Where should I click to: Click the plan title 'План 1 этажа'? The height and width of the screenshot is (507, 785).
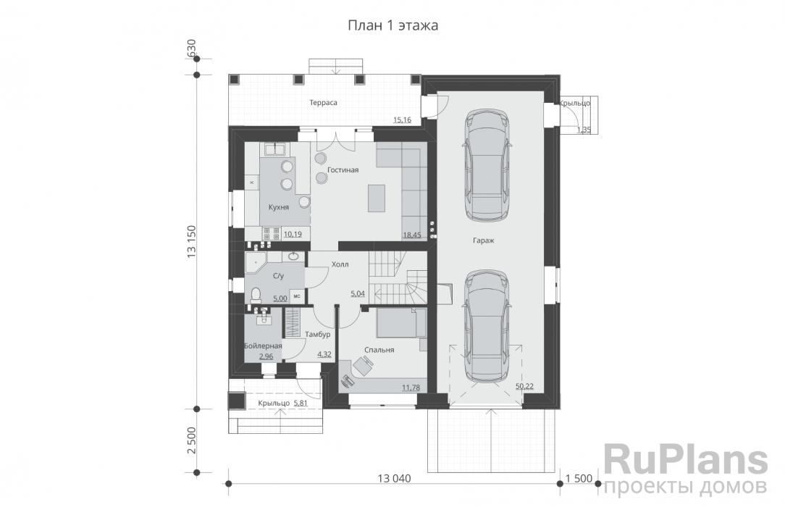393,25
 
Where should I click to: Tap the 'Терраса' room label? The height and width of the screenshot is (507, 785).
323,103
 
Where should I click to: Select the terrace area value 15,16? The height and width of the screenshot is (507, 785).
402,120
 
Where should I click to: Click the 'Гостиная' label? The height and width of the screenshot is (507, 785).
343,170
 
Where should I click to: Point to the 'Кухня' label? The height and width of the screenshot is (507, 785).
278,207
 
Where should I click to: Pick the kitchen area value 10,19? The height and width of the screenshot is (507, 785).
293,234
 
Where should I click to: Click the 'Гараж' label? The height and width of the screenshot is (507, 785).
484,240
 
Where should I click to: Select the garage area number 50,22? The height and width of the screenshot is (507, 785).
525,386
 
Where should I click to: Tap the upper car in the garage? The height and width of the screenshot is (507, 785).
487,164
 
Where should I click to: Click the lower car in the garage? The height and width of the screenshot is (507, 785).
487,327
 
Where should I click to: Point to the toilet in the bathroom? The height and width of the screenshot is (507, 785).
256,296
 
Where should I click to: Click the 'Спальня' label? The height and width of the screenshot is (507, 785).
379,350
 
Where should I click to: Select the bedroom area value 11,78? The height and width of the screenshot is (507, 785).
411,387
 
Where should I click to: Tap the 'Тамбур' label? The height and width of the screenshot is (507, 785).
317,335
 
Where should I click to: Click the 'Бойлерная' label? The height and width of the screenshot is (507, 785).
263,345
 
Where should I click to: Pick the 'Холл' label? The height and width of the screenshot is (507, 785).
340,264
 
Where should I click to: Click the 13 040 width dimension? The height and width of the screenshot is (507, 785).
394,479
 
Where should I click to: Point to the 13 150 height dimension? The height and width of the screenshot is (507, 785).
192,242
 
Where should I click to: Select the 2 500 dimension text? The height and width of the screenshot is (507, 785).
192,440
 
